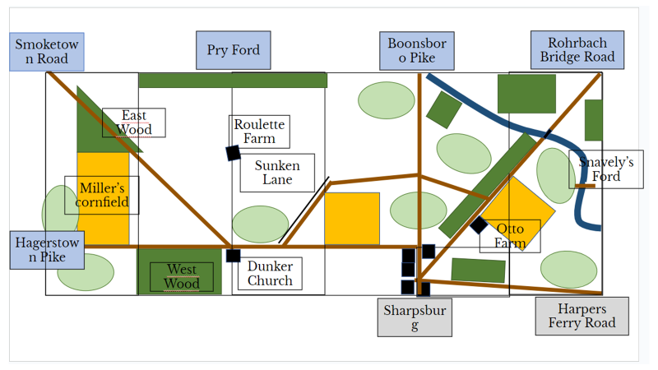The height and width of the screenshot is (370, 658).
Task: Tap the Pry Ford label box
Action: coord(234,50)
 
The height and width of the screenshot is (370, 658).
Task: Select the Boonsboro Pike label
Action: coord(416,51)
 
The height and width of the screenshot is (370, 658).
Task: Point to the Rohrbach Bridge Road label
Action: coord(577,50)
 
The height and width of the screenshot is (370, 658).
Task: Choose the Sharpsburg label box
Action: coord(415,317)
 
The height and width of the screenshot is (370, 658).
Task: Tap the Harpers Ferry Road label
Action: coord(582,316)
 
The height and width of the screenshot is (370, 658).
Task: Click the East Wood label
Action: coord(134,123)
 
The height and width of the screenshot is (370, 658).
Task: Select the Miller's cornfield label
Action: coord(102,195)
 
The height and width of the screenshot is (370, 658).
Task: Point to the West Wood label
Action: coord(182,277)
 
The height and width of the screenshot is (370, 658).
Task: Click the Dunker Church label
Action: coord(270,274)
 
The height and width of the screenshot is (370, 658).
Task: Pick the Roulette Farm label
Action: coord(259,132)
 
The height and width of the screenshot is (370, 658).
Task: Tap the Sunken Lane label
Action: coord(277,173)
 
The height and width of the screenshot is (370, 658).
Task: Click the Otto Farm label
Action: coord(510,236)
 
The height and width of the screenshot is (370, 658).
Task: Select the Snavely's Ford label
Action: coord(606,169)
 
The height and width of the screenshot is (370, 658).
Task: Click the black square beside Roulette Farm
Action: coord(233,153)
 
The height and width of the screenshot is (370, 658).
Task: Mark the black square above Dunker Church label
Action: coord(234,256)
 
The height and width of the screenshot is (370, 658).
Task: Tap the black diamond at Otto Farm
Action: coord(479,224)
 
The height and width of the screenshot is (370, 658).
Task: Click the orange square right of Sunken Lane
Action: coord(352,219)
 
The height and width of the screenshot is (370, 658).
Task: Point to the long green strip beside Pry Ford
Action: coord(233,80)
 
